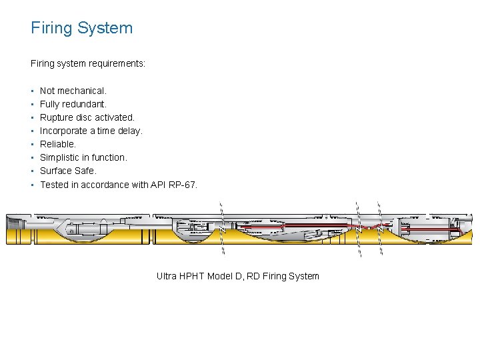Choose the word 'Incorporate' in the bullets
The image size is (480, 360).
[63, 131]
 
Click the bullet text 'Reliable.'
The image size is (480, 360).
[58, 144]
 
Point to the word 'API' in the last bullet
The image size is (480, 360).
[158, 185]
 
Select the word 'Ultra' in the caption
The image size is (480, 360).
[167, 276]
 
